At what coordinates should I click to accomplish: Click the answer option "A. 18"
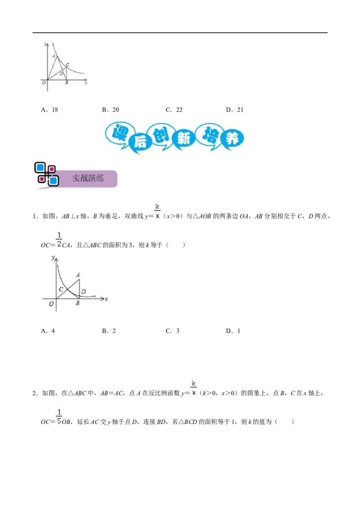tap(49, 110)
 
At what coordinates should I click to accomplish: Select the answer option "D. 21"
tap(234, 110)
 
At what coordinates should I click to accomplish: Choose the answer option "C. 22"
tap(174, 110)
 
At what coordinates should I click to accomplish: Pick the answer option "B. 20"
tap(110, 110)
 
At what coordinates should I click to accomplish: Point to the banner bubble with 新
tap(184, 139)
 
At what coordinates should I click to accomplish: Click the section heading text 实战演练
tap(88, 178)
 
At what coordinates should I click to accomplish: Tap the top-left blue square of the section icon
tap(40, 168)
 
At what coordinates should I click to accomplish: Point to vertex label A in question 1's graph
tap(78, 275)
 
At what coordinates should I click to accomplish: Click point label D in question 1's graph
tap(84, 291)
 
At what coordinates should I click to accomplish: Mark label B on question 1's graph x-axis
tap(77, 303)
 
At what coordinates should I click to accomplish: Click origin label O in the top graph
tap(44, 83)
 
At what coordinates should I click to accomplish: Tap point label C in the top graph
tap(67, 65)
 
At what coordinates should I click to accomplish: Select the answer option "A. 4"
tap(48, 331)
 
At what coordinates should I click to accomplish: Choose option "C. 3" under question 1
tap(172, 331)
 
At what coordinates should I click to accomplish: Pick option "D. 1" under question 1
tap(233, 331)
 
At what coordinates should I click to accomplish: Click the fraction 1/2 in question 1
tap(59, 240)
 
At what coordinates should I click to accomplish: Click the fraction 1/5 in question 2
tap(59, 417)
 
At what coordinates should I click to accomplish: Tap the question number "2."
tap(36, 393)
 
